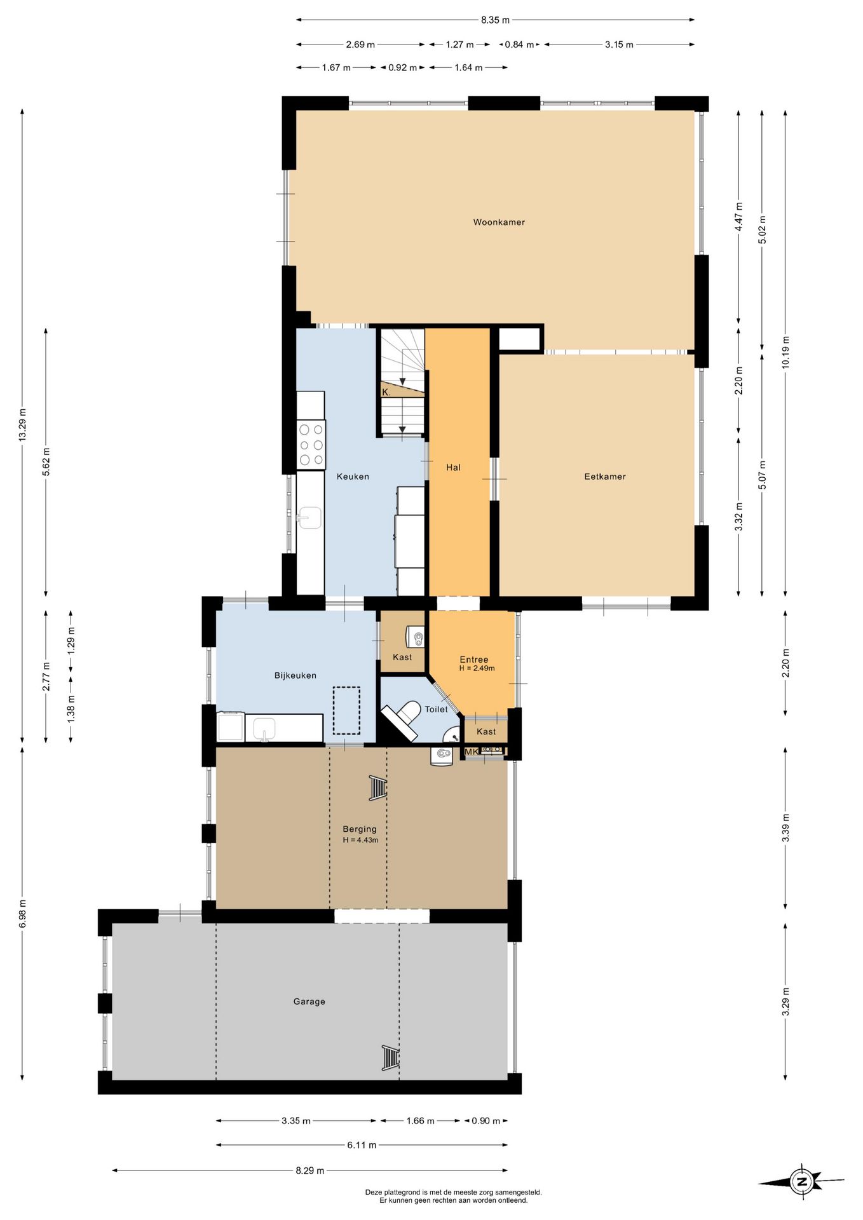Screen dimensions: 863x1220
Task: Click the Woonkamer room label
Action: (499, 222)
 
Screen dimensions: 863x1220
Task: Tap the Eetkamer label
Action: (605, 477)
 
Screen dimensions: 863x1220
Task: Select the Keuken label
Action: (353, 477)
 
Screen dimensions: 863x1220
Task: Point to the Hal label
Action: (453, 468)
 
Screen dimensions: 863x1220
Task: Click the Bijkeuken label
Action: (296, 675)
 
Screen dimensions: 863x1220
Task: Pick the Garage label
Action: (309, 1001)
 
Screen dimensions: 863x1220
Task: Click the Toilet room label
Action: (436, 709)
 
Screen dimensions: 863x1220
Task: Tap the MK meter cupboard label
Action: (472, 752)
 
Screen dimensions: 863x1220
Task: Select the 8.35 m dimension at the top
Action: (495, 20)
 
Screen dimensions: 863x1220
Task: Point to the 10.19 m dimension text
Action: (785, 352)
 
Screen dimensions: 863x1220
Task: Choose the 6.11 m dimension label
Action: (362, 1145)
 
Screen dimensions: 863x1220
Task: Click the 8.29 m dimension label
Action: (309, 1170)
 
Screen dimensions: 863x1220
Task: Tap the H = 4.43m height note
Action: (360, 840)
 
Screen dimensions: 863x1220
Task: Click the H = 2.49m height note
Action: (477, 668)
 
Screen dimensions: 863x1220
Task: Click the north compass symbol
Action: (802, 1182)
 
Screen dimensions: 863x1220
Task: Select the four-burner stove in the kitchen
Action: (311, 445)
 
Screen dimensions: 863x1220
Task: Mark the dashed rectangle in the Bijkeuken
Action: (347, 710)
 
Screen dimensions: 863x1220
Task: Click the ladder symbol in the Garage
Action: (390, 1058)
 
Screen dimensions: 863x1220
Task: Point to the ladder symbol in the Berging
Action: (377, 788)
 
